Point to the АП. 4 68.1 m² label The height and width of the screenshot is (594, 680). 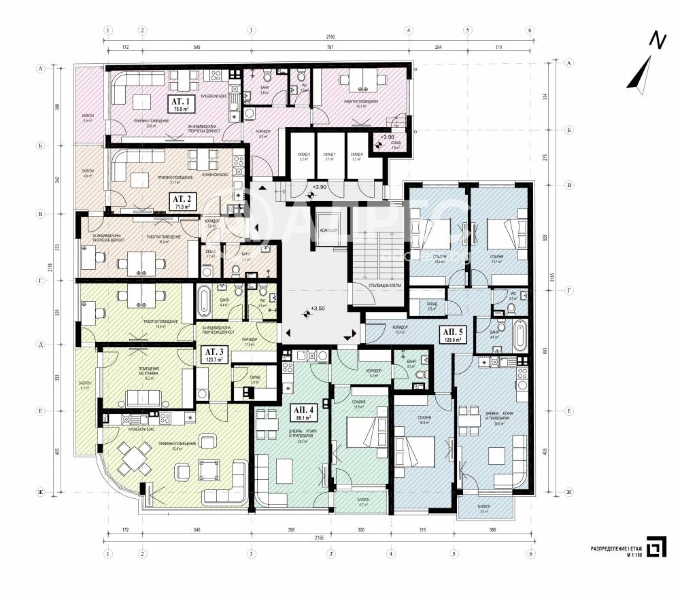303,413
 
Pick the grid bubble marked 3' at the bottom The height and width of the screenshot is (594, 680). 331,554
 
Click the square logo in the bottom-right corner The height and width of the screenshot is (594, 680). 655,548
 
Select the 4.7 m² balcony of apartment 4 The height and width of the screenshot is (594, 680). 363,504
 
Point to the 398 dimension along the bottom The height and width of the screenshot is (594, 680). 291,529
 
